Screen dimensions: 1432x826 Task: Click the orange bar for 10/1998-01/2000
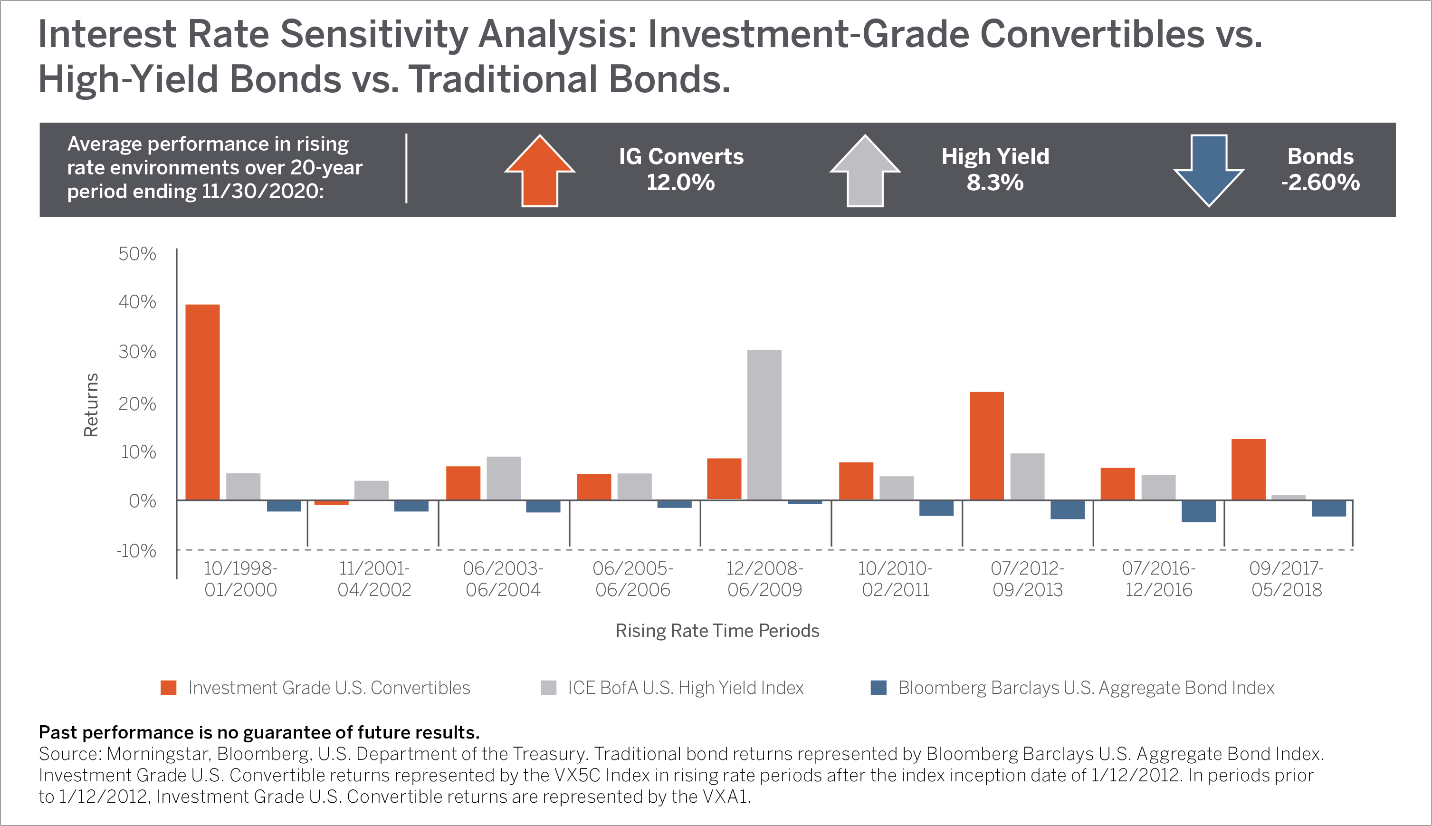click(202, 402)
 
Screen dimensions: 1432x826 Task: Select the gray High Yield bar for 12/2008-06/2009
click(764, 425)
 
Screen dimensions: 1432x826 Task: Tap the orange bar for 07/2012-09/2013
click(987, 446)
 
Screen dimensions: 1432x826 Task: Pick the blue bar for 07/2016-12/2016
click(1198, 511)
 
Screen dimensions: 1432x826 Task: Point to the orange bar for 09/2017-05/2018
click(1248, 470)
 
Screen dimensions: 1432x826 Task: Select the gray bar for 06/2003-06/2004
click(504, 478)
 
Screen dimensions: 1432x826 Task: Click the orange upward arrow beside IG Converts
click(540, 171)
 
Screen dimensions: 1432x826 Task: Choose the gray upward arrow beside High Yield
click(865, 171)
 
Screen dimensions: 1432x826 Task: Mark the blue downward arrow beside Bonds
click(1209, 171)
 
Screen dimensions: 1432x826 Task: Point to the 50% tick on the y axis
click(137, 254)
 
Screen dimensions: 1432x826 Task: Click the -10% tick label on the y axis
click(136, 550)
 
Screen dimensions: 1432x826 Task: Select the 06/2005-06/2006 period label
click(633, 579)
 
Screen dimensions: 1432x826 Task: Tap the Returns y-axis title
click(91, 405)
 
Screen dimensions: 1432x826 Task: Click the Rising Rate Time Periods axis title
click(717, 630)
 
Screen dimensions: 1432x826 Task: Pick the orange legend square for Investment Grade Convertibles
click(169, 688)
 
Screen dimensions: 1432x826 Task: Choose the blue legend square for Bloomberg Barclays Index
click(878, 688)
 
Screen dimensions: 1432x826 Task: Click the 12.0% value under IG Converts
click(680, 182)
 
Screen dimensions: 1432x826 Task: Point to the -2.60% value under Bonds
click(1320, 182)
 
